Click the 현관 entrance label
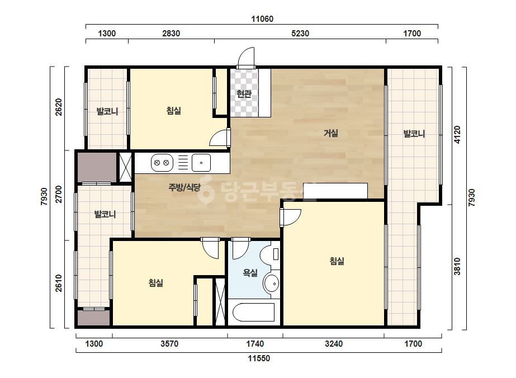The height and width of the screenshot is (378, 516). coord(244,94)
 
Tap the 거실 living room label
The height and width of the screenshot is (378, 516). coord(331,133)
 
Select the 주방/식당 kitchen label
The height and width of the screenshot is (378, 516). coord(184,187)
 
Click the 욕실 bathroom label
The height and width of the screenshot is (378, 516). coord(250,273)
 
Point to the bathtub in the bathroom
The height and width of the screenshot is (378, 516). coord(253,313)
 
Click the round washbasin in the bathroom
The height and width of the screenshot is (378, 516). coord(272,283)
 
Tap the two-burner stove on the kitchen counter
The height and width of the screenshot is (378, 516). coord(162,163)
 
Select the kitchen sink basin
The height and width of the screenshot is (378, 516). coord(201,163)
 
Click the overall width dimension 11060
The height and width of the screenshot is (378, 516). coord(262,19)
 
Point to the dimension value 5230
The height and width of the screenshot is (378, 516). coord(300,33)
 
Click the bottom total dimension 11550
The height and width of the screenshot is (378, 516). coord(259,358)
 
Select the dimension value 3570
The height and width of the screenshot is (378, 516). coord(169,344)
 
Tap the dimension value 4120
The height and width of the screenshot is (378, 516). coord(457,135)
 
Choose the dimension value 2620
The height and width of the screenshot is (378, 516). coord(59,107)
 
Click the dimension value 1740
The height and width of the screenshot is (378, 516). coord(255,344)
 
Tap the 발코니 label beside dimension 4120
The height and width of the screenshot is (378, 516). coord(414,134)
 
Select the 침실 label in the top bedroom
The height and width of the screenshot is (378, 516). coord(174,110)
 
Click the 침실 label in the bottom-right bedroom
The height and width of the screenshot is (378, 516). coord(337,261)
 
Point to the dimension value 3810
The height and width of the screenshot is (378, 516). coord(457,266)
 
